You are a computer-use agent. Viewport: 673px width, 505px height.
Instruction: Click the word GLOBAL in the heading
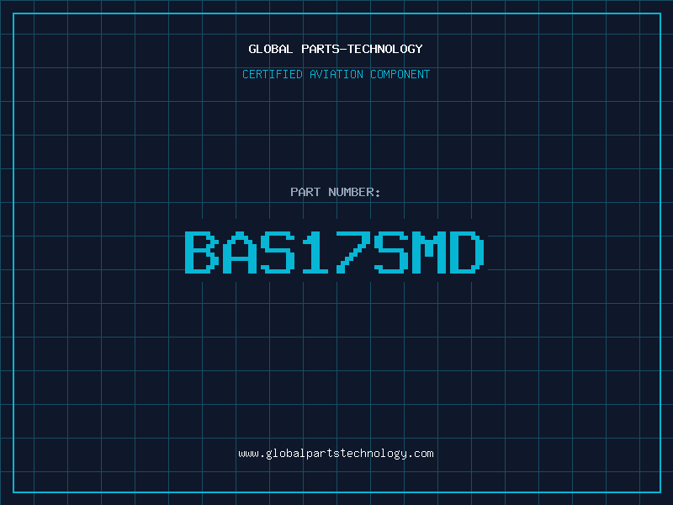270,49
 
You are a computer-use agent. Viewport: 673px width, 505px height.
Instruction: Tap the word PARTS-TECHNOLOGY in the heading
362,49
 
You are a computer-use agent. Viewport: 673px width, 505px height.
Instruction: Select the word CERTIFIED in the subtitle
273,74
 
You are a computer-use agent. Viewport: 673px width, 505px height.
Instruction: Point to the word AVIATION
336,74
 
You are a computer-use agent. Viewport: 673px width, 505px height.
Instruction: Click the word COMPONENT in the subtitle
400,74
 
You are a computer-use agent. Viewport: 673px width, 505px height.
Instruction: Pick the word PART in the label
305,192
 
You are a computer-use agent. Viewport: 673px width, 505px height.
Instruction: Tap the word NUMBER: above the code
354,192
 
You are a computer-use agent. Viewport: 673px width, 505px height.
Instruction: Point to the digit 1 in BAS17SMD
315,252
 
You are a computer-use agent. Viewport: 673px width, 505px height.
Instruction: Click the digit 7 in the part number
353,252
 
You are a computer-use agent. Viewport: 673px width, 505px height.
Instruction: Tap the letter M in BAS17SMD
429,252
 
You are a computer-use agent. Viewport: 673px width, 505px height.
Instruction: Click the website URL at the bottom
336,454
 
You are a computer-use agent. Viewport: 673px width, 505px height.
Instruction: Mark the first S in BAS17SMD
278,252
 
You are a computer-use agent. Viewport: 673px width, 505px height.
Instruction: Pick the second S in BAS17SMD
391,252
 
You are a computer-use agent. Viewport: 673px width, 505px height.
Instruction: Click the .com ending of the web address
420,454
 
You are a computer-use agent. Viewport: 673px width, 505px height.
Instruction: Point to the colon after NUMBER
378,194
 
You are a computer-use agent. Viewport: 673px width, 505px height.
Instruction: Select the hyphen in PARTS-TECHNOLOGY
342,49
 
